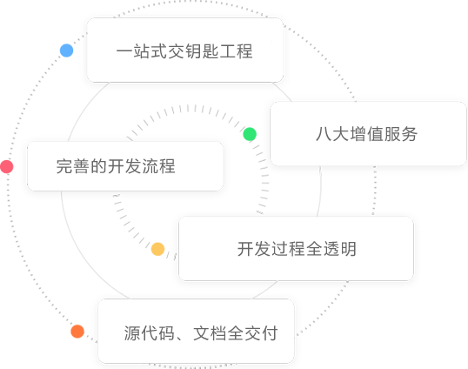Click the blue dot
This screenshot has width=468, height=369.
[67, 50]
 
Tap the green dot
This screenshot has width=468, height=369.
[250, 134]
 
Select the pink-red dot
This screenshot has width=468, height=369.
[7, 166]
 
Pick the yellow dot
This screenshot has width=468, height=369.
[158, 249]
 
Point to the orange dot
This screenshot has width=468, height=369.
[77, 332]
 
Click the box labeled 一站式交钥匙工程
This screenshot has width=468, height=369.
[185, 50]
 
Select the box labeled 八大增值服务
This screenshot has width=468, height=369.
[368, 133]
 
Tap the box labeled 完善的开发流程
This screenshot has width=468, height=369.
[125, 166]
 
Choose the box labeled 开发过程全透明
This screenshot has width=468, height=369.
[296, 249]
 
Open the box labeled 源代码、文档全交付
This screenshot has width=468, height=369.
[196, 331]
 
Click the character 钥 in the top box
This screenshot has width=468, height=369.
[193, 51]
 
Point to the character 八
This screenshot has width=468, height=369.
[324, 134]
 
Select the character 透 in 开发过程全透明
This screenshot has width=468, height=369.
[331, 249]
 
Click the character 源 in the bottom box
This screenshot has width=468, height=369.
[132, 332]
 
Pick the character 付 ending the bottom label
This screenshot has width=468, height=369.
[270, 332]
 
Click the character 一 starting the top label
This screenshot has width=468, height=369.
[124, 51]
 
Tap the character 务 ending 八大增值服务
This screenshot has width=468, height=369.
[409, 134]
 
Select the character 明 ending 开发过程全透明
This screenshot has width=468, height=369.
[349, 249]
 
